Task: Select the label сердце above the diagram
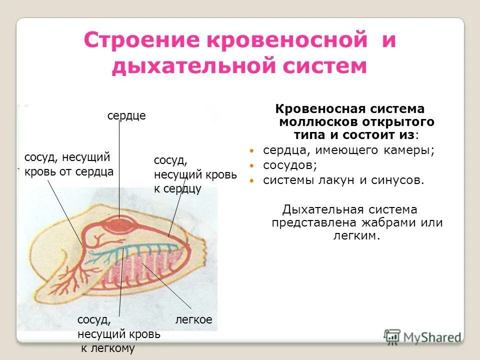126,116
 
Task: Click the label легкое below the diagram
193,320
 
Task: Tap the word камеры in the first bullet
408,150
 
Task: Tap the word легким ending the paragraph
356,235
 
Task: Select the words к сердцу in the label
177,189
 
